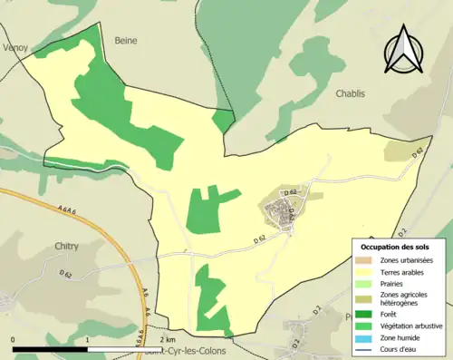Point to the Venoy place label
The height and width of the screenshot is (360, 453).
(15, 46)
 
